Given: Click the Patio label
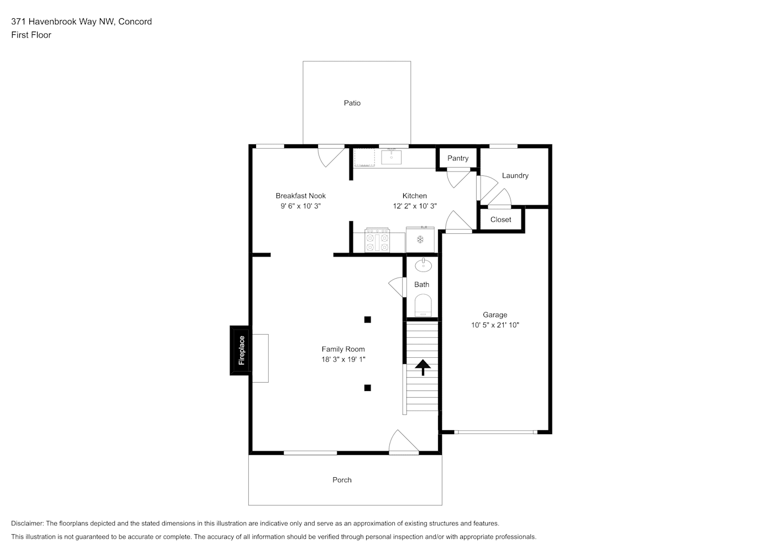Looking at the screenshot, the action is pyautogui.click(x=352, y=103).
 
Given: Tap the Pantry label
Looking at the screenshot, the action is pyautogui.click(x=458, y=158).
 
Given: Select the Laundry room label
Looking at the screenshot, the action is pyautogui.click(x=515, y=176).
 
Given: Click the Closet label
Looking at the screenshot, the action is pyautogui.click(x=501, y=220).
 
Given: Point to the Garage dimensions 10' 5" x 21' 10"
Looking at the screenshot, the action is pyautogui.click(x=495, y=325).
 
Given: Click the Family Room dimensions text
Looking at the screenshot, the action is pyautogui.click(x=343, y=359).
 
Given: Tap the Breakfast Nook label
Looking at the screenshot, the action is pyautogui.click(x=301, y=196).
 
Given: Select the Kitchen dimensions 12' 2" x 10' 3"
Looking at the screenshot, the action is pyautogui.click(x=415, y=206).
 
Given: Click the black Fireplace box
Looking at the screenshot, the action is pyautogui.click(x=241, y=351).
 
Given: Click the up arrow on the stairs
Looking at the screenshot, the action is pyautogui.click(x=423, y=367).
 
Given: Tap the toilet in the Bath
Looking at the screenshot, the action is pyautogui.click(x=423, y=305).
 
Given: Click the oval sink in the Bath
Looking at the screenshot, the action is pyautogui.click(x=423, y=265).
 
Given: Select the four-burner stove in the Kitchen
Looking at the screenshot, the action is pyautogui.click(x=377, y=240).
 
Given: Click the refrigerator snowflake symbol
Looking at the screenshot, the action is pyautogui.click(x=420, y=239).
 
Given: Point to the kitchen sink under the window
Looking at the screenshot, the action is pyautogui.click(x=391, y=156).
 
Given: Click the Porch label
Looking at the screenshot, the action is pyautogui.click(x=342, y=480).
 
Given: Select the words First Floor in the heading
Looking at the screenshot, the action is pyautogui.click(x=31, y=35).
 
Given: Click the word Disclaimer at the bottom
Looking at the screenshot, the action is pyautogui.click(x=28, y=523).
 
